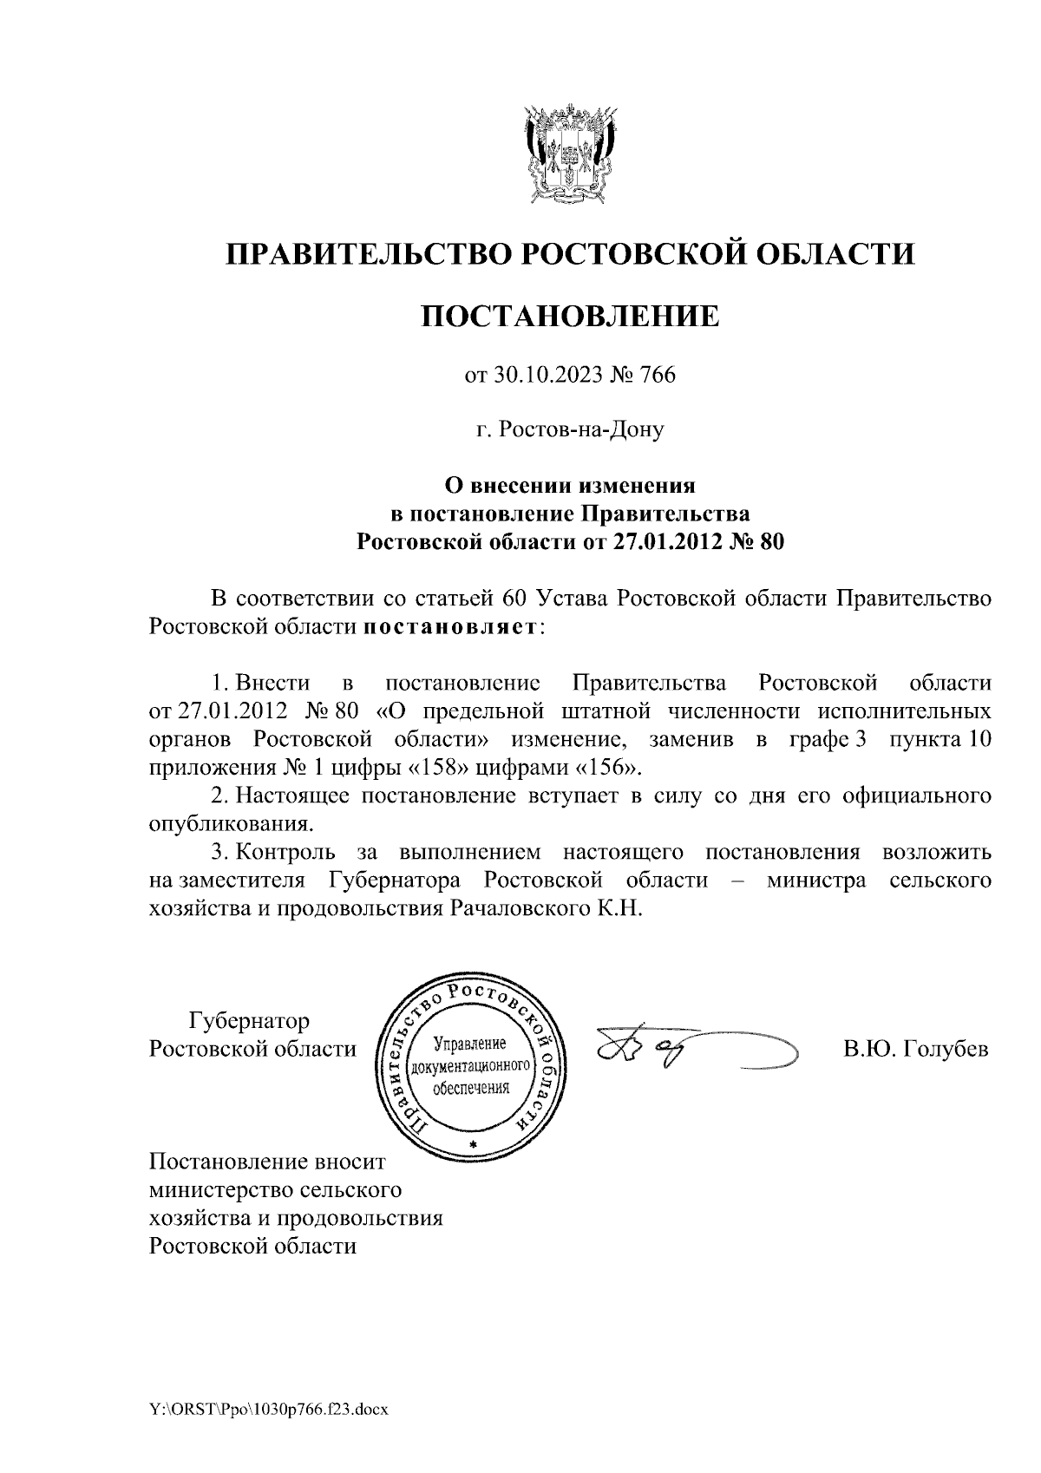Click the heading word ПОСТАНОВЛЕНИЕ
570,316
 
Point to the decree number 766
657,375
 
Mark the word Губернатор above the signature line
250,1020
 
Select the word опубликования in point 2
229,822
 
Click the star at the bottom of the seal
473,1146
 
